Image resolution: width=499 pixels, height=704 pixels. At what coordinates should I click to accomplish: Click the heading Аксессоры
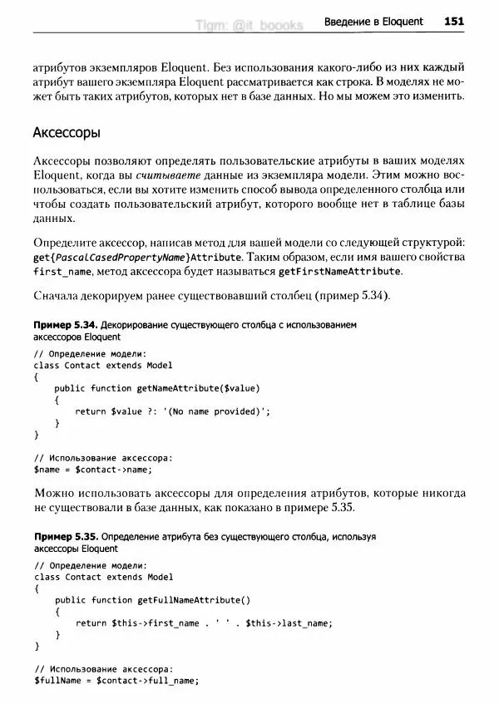tap(67, 132)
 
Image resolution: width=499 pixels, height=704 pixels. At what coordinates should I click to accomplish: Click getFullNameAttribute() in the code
tap(194, 600)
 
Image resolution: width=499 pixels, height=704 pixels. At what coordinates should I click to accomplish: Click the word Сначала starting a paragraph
tap(57, 296)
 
